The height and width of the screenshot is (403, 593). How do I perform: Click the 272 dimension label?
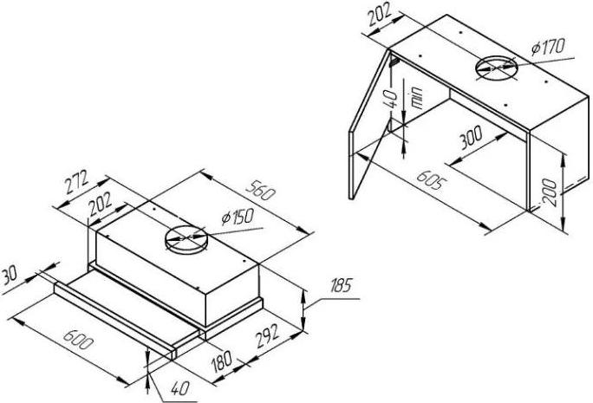(76, 181)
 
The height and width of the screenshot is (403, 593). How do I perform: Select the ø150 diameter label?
(238, 218)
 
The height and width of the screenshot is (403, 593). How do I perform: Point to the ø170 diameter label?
(548, 47)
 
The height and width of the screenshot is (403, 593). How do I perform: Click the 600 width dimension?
(77, 340)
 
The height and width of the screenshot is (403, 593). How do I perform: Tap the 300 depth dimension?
(471, 138)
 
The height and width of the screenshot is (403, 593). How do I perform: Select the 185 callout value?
(342, 285)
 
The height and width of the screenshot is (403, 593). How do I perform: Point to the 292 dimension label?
(268, 335)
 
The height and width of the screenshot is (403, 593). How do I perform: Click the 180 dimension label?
(222, 361)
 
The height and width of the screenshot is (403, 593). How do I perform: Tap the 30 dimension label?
(9, 276)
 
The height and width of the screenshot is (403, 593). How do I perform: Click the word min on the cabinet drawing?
(416, 98)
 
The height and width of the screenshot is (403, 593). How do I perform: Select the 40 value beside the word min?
(392, 99)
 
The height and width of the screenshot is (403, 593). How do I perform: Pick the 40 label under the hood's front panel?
(180, 388)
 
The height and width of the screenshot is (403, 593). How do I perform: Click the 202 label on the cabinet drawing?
(380, 15)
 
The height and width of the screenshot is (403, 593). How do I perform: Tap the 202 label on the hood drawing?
(101, 205)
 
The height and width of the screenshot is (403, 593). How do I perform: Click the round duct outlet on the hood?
(186, 240)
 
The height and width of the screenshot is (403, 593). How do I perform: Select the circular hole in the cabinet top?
(496, 69)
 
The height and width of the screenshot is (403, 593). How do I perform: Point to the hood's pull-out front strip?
(114, 322)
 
